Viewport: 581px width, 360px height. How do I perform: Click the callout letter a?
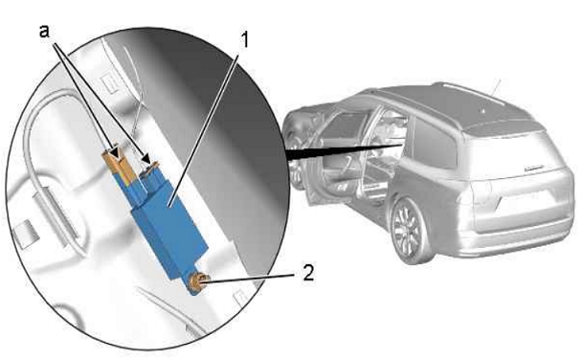click(44, 32)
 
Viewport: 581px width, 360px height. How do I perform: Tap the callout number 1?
click(243, 39)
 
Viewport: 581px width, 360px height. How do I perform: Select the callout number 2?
click(308, 273)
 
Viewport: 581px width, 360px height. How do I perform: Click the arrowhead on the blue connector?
click(147, 159)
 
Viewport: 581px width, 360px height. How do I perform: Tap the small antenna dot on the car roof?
click(483, 110)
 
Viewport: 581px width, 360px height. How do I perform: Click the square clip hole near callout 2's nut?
click(238, 296)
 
